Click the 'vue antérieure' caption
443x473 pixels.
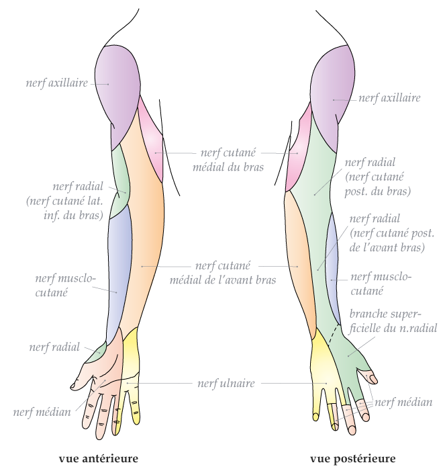point(98,459)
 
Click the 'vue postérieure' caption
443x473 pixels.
point(352,459)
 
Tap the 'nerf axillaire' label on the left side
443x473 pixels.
point(57,84)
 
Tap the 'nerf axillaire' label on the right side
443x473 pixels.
point(389,98)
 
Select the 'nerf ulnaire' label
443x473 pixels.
point(226,384)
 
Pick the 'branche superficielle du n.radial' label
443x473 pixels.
point(393,321)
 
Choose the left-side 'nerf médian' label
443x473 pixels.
point(42,412)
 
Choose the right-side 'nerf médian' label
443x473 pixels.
point(408,402)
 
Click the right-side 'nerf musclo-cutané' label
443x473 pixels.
point(380,284)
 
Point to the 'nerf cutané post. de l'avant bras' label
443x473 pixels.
point(392,233)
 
